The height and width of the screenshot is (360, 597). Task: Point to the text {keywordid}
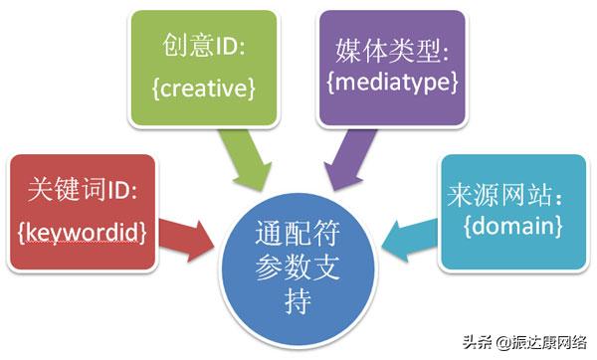[83, 232]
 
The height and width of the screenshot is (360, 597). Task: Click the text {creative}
[206, 90]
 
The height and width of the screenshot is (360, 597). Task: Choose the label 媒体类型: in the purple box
[391, 50]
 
